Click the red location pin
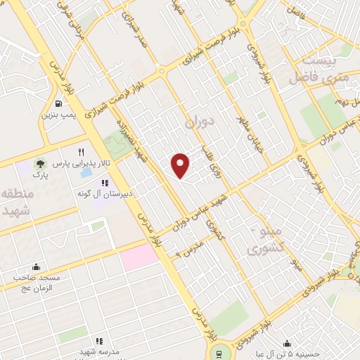[181, 165]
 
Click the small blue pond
[86, 172]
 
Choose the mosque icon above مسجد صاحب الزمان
[36, 267]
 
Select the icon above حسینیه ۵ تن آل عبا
[287, 344]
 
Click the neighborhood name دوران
[198, 122]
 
